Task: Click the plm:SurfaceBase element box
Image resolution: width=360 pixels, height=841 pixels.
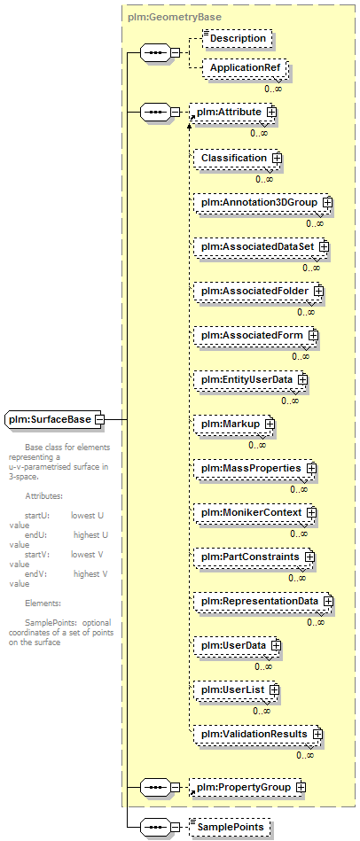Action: tap(55, 419)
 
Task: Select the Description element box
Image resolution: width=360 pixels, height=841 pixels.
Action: tap(237, 39)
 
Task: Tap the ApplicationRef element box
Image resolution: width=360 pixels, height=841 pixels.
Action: tap(245, 68)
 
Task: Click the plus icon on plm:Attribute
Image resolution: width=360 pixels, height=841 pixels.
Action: tap(272, 112)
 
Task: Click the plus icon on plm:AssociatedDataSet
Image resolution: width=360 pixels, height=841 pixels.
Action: tap(324, 246)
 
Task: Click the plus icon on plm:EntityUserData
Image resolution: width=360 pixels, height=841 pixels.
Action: tap(302, 379)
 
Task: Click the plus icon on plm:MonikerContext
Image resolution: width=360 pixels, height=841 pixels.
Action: tap(312, 512)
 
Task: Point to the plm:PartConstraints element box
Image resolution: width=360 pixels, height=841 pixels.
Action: tap(252, 557)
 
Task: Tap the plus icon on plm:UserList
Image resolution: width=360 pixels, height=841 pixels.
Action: tap(274, 689)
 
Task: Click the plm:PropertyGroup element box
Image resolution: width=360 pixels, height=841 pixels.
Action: tap(247, 787)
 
